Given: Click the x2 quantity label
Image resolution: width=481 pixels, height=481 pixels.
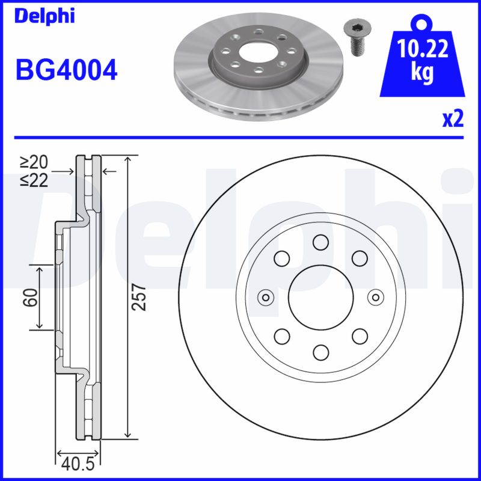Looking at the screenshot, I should (453, 119).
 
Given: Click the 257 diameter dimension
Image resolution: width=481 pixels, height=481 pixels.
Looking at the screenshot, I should (139, 297).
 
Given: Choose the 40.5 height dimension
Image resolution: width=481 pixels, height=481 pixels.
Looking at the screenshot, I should (77, 464).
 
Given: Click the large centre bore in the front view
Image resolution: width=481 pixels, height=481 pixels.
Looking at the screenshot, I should (320, 297).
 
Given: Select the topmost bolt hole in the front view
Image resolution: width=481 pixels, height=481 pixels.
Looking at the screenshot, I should (320, 242).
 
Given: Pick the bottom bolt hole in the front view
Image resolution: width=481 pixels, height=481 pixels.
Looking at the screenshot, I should (320, 352).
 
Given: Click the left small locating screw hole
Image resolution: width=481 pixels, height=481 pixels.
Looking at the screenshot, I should (265, 297).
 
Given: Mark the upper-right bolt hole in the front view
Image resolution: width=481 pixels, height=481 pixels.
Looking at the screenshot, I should (359, 259).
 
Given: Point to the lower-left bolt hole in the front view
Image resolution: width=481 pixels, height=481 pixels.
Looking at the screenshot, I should (281, 335).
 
